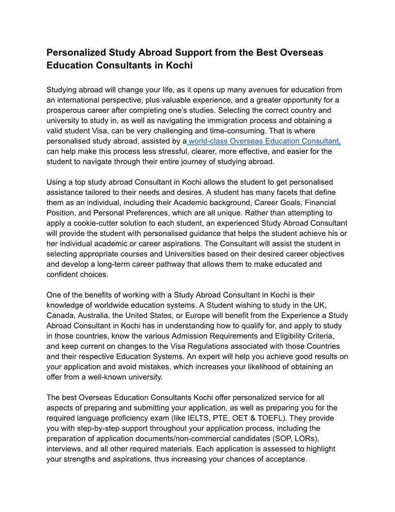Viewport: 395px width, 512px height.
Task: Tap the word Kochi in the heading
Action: click(x=179, y=65)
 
